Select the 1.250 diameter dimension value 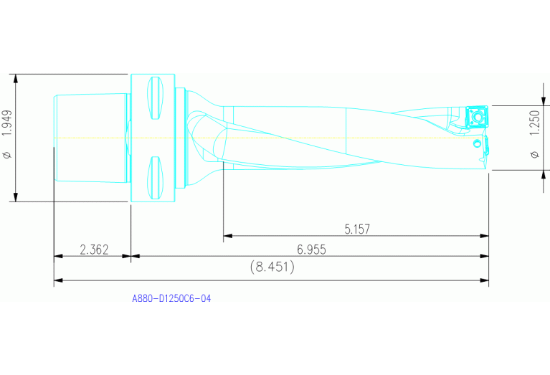534,123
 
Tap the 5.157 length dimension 357,229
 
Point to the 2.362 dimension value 94,250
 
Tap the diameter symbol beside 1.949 6,154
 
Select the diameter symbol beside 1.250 534,153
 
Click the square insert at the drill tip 475,116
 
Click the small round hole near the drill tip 477,144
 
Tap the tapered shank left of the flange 91,138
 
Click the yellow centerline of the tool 287,138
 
